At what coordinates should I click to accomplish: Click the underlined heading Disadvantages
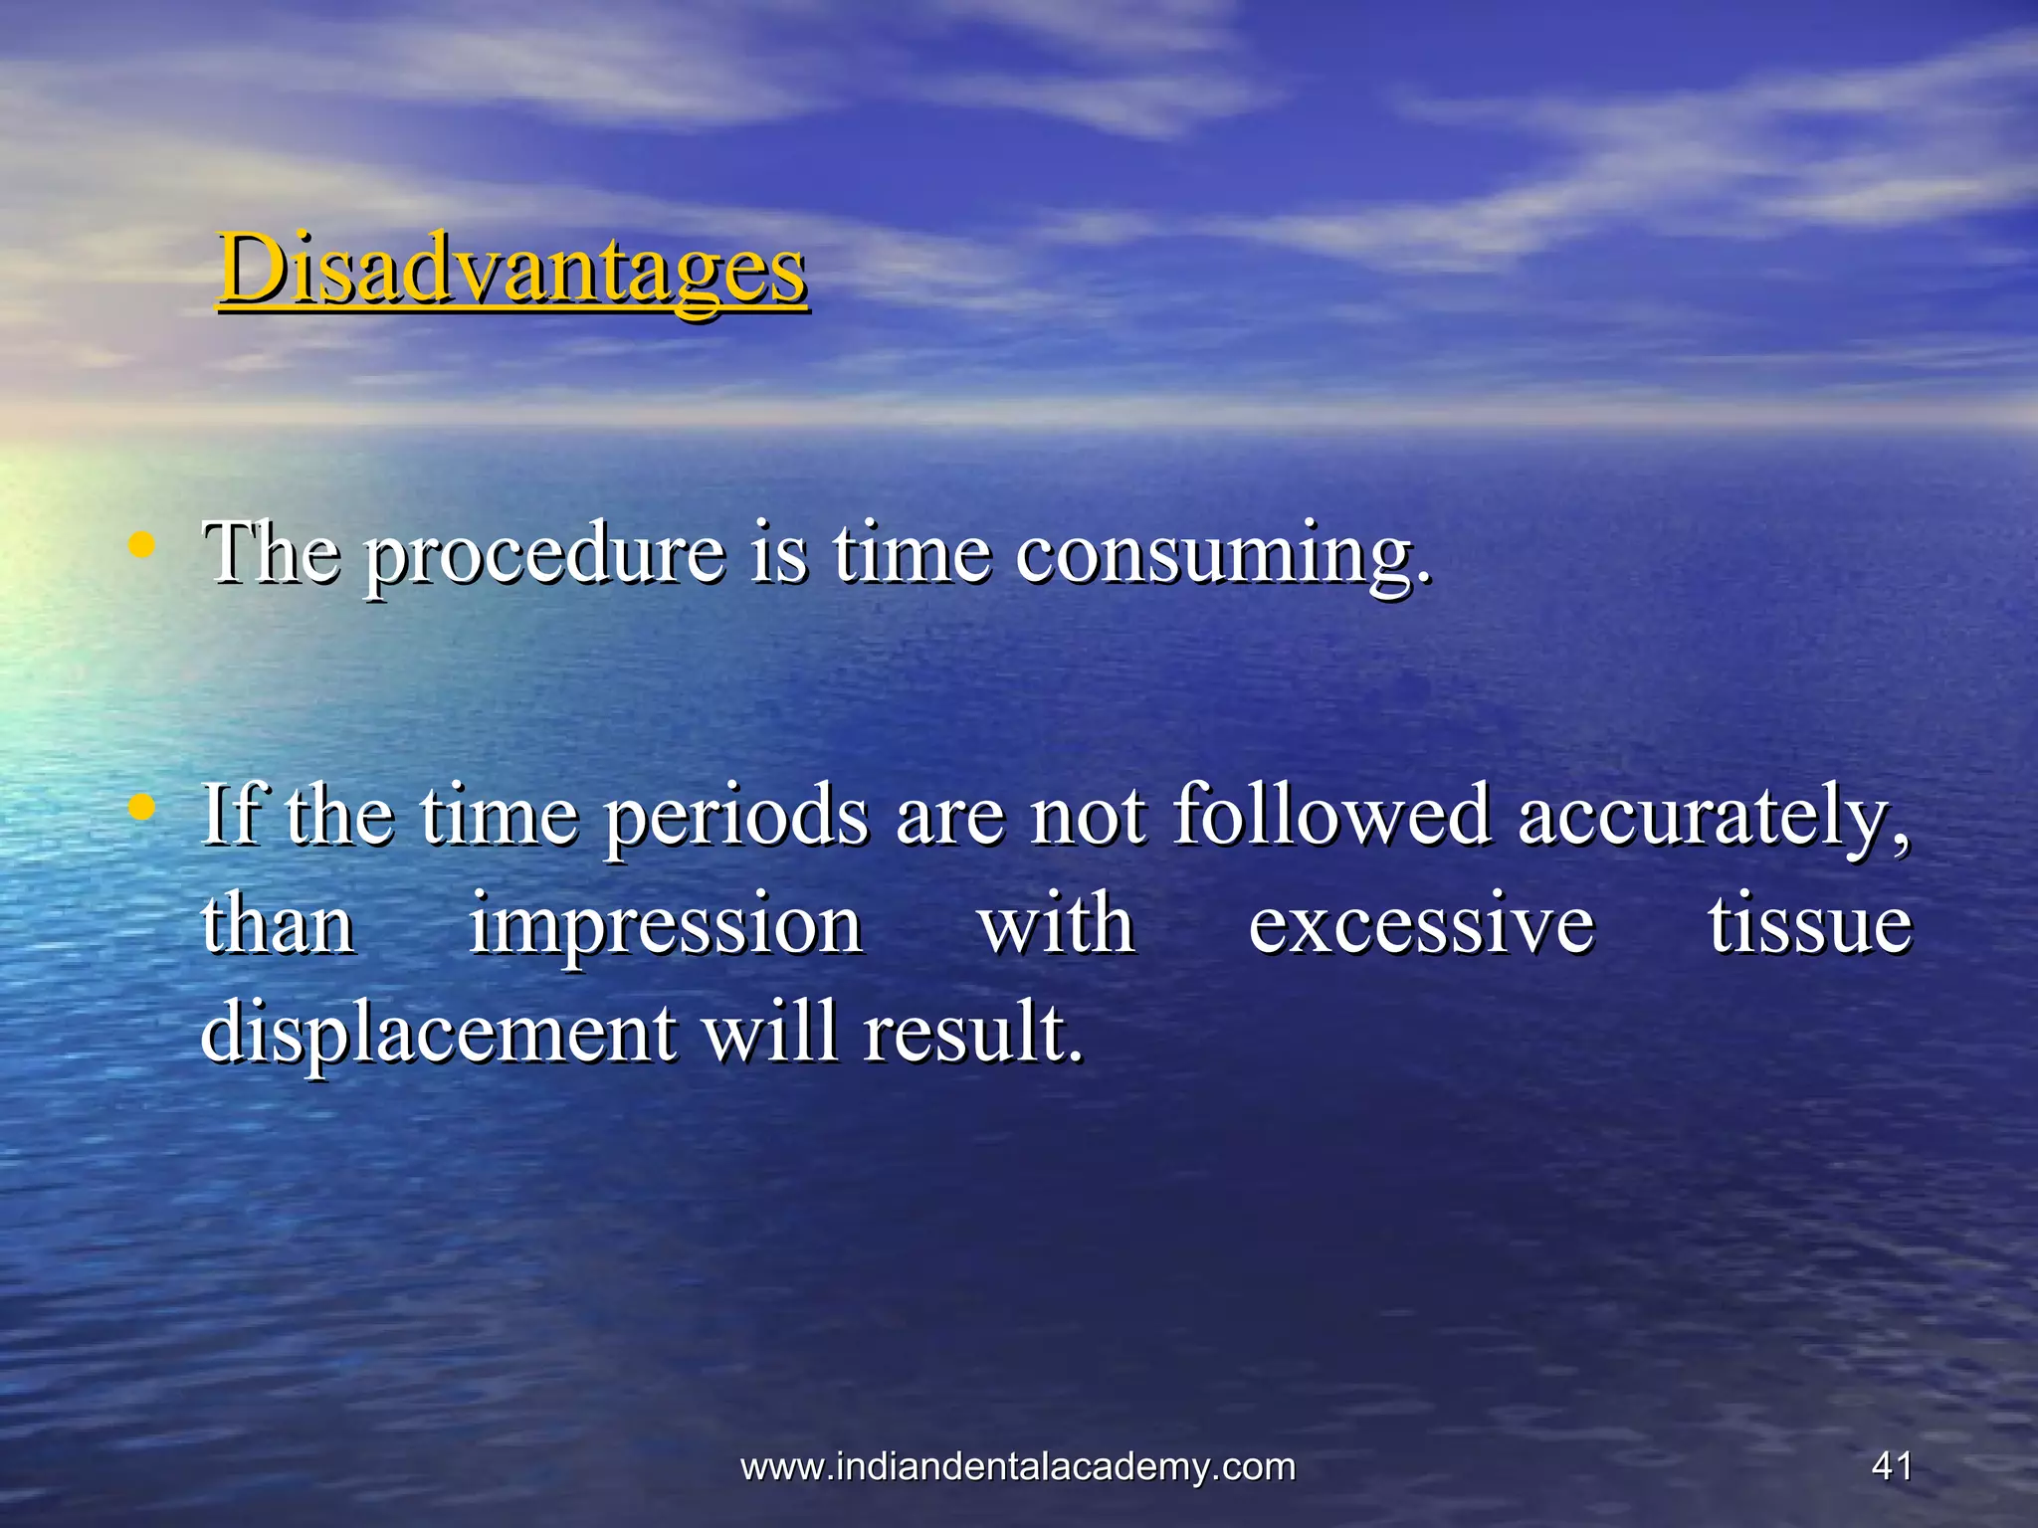pos(512,269)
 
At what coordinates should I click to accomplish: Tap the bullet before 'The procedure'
pos(143,544)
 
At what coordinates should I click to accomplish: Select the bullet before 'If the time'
pos(143,807)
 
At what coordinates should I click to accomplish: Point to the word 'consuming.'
pos(1224,555)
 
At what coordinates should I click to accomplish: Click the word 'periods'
pos(737,818)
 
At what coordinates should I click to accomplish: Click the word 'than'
pos(279,925)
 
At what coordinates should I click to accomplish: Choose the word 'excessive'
pos(1421,925)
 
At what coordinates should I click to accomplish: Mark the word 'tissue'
pos(1810,925)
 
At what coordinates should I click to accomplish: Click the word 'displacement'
pos(439,1035)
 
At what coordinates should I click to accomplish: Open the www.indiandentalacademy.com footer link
pos(1018,1466)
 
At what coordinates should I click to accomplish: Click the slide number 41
pos(1891,1466)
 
